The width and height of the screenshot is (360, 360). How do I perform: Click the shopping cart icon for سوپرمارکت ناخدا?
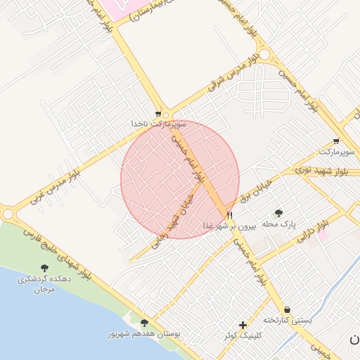coord(159,113)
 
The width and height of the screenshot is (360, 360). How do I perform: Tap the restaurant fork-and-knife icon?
coord(230,215)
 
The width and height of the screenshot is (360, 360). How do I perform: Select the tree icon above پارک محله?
coord(279,213)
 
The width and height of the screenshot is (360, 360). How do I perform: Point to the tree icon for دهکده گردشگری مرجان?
coord(45,268)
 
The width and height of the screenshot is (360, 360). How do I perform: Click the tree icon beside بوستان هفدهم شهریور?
coord(144,323)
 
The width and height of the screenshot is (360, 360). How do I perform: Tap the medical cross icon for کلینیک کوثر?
coord(243,325)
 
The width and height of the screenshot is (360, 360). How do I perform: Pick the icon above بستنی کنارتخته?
coord(287,309)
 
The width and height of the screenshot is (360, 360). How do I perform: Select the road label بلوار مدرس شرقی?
coord(233,73)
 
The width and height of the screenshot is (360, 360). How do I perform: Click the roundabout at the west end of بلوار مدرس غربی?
coord(7,212)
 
